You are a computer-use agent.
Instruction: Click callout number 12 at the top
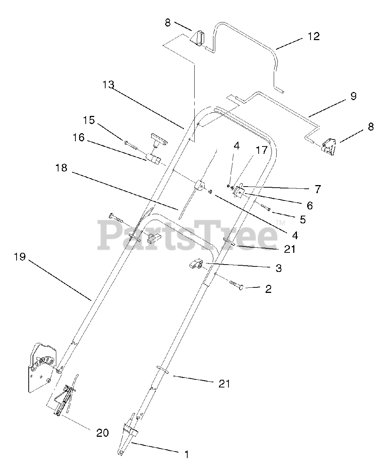[313, 37]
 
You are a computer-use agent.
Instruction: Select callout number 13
[109, 85]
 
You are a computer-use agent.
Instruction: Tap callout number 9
[353, 96]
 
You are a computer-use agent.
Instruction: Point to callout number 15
[89, 120]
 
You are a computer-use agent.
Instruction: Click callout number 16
[78, 138]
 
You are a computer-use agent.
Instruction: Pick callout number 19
[20, 256]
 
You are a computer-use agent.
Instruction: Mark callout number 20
[103, 432]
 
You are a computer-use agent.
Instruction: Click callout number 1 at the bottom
[186, 455]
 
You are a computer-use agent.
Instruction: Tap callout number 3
[278, 268]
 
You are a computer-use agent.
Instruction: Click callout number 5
[302, 220]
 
